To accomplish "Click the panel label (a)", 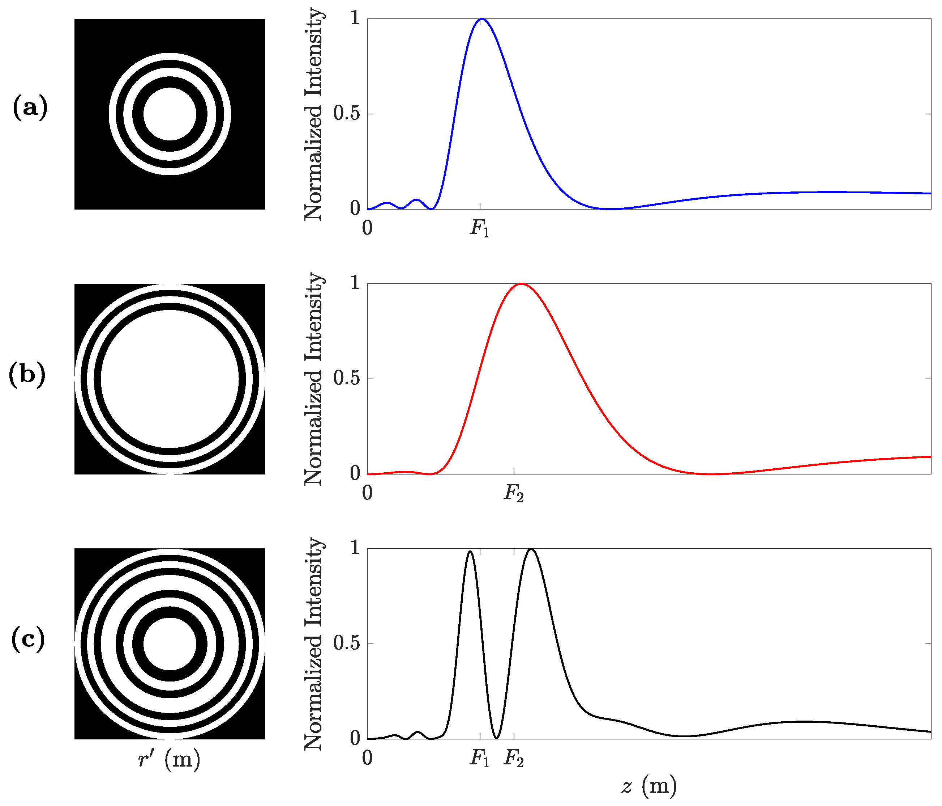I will tap(30, 108).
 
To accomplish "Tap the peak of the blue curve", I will tap(481, 19).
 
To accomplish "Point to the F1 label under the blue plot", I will tap(480, 228).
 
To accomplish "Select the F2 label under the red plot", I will tap(514, 493).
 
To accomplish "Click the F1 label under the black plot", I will tap(480, 758).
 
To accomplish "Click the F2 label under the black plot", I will tap(514, 758).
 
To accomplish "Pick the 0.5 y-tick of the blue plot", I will tap(346, 114).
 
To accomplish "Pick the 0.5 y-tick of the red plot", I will tap(346, 379).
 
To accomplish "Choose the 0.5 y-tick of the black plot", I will tap(346, 643).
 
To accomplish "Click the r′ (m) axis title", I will tap(169, 759).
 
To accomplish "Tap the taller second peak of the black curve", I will tap(531, 549).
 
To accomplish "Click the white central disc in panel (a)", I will tap(170, 114).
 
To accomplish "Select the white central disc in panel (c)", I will tap(170, 643).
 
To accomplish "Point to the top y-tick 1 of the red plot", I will tap(355, 283).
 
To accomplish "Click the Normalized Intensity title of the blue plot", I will tap(314, 114).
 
